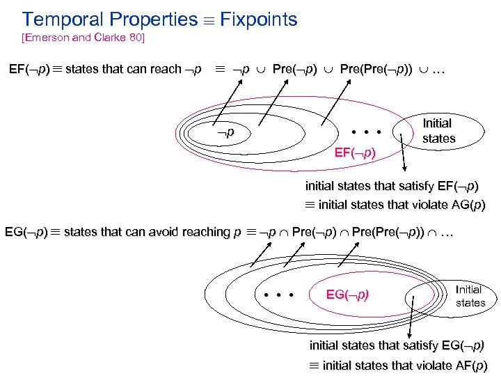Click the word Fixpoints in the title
[259, 19]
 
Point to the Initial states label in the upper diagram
[438, 131]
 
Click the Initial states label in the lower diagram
[470, 296]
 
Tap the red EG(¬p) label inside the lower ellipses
[348, 295]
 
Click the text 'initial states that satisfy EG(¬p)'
[397, 345]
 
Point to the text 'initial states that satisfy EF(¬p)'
[392, 186]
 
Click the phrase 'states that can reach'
[123, 70]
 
